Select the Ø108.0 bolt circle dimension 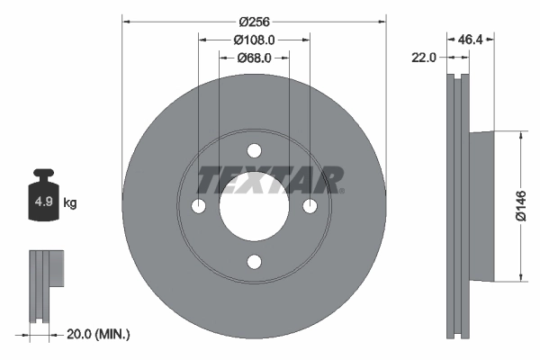[x=254, y=40]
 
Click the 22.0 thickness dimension [x=423, y=57]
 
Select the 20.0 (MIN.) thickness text [x=99, y=334]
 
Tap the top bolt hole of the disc [x=254, y=150]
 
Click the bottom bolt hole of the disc [x=254, y=262]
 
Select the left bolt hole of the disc [x=198, y=207]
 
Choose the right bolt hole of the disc [x=310, y=207]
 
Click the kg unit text [x=70, y=203]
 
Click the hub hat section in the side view [x=481, y=206]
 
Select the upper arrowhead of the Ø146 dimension [x=521, y=137]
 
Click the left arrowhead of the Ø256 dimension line [x=126, y=21]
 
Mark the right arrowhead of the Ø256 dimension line [x=382, y=21]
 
